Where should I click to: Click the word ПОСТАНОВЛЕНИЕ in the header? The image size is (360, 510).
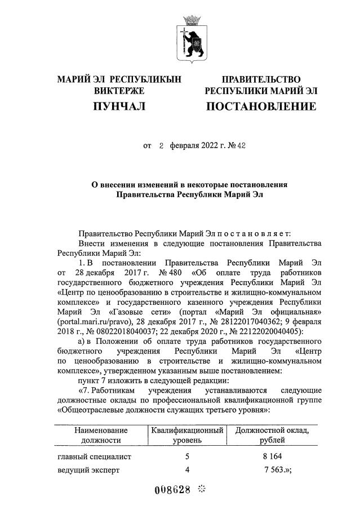tap(261, 106)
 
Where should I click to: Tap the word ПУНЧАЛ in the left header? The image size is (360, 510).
tap(119, 106)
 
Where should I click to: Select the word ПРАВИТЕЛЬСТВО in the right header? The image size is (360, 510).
tap(261, 79)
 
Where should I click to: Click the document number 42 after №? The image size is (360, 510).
tap(242, 145)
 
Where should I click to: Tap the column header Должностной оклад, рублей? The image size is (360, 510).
tap(273, 434)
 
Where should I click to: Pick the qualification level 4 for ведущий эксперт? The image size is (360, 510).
tap(187, 469)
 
